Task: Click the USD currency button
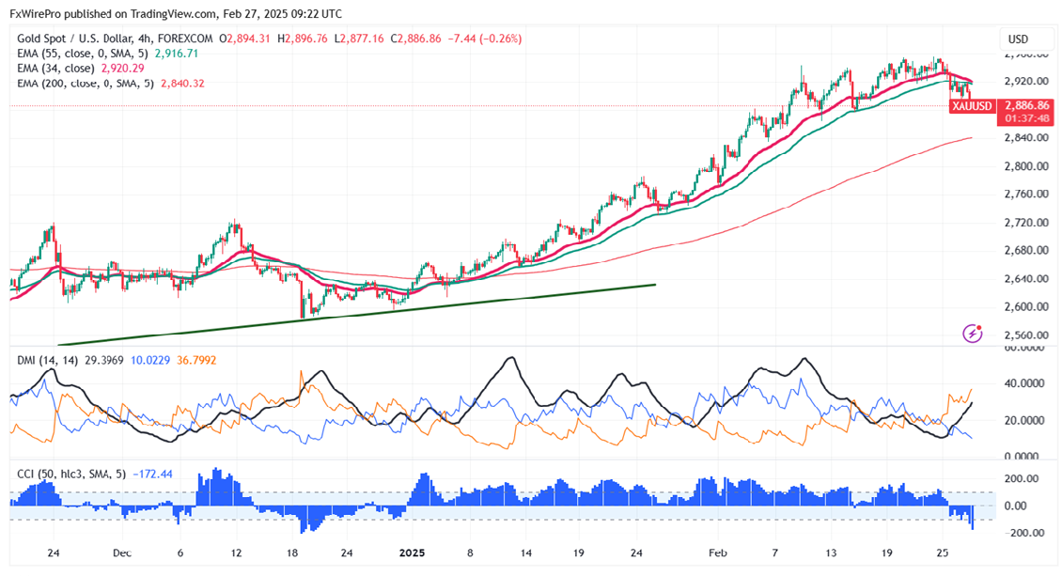pos(1018,39)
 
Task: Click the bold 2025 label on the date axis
pos(413,553)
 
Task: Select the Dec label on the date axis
pos(121,553)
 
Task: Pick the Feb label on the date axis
pos(717,553)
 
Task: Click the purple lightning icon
pos(973,334)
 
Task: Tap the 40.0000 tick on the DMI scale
pos(1023,383)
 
